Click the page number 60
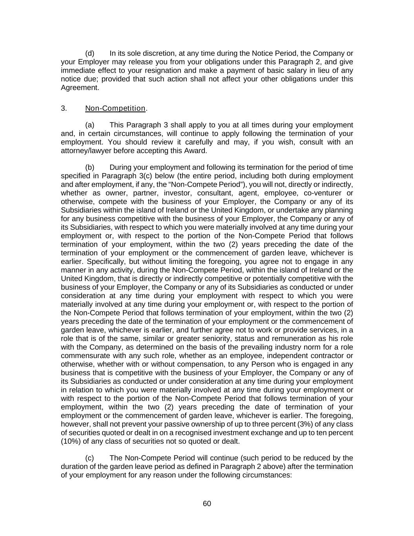pos(207,504)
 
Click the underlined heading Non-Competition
pos(115,108)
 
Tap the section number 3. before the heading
pos(64,108)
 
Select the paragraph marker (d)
pos(90,53)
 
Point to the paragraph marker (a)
pos(90,125)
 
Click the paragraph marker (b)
pos(90,168)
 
